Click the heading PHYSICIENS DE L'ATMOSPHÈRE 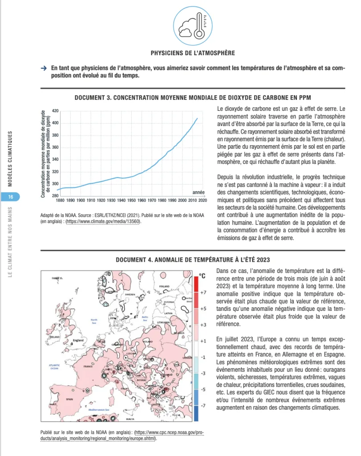(x=193, y=53)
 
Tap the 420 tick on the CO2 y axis (x=56, y=110)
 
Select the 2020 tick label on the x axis (x=203, y=200)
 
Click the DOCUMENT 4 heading (x=193, y=260)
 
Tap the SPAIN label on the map (x=69, y=399)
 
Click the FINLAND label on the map (x=165, y=286)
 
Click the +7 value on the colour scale (x=202, y=293)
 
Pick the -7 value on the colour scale (x=202, y=406)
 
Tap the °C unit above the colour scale (x=202, y=276)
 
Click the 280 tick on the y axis (x=56, y=196)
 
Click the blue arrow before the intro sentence (x=44, y=69)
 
